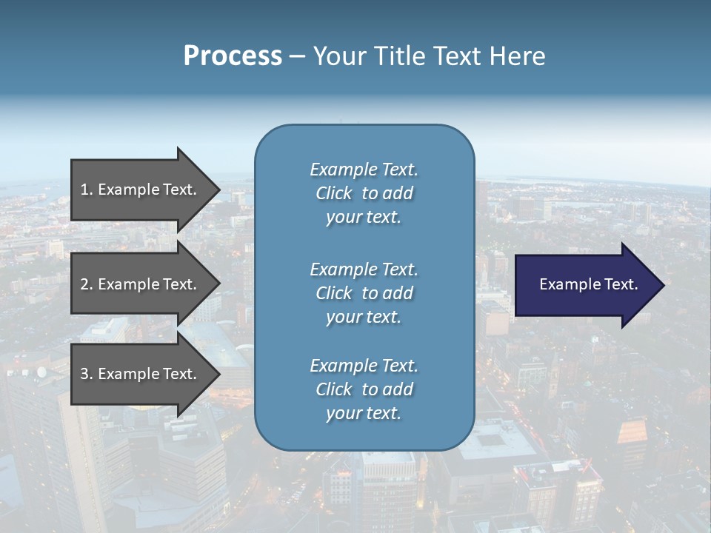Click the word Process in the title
pos(233,56)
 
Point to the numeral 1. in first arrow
pos(86,190)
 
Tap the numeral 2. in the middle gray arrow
pos(86,284)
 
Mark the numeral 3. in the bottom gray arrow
pos(86,374)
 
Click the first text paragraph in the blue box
pos(364,193)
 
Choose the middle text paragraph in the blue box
pos(364,293)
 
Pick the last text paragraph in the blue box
pos(364,389)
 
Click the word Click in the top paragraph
pos(333,193)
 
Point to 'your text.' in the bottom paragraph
pos(364,413)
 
